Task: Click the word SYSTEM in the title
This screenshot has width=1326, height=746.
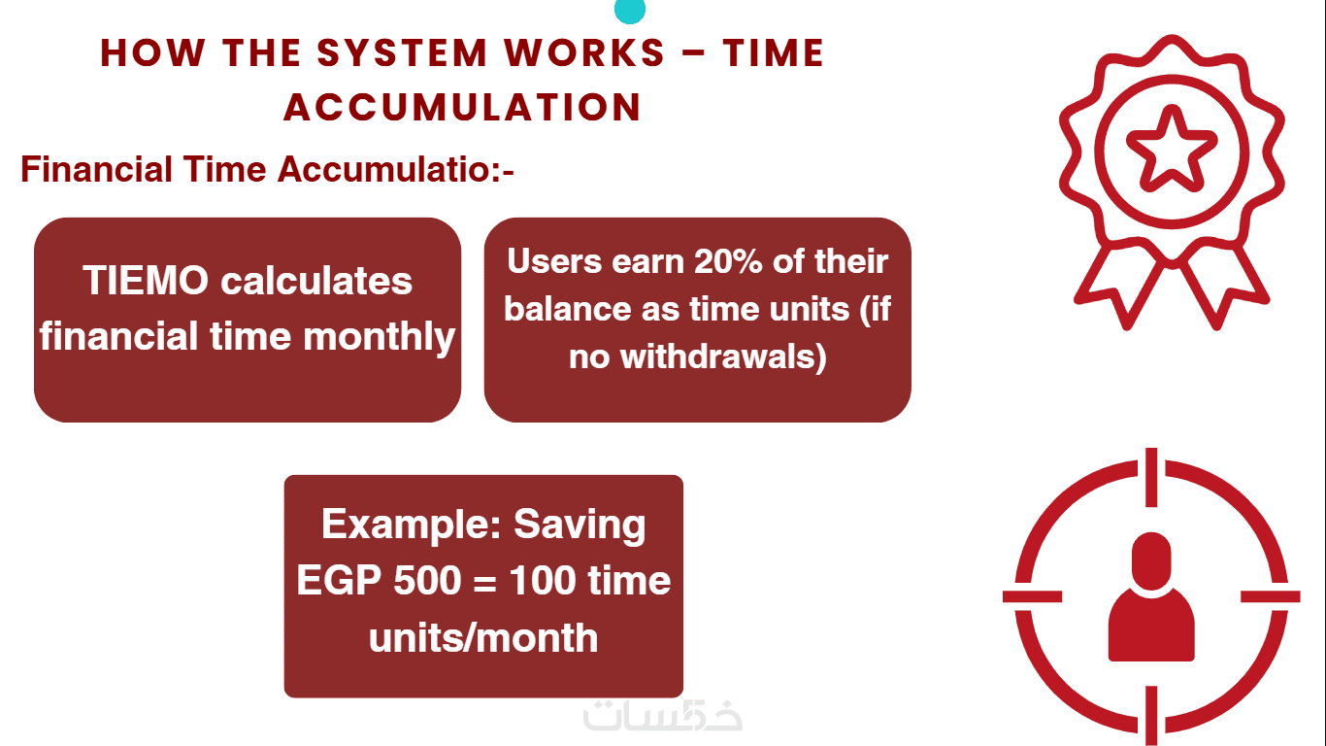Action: point(402,53)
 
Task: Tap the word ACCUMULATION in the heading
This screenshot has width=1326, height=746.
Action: point(462,107)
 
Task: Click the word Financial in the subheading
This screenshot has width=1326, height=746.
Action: point(95,169)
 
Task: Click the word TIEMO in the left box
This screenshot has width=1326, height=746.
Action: point(146,280)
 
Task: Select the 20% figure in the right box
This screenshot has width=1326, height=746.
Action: point(728,261)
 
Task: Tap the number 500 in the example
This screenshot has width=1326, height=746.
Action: point(427,580)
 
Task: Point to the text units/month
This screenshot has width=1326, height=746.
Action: point(483,638)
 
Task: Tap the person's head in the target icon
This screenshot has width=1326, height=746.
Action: point(1151,560)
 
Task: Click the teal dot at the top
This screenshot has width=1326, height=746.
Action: point(630,10)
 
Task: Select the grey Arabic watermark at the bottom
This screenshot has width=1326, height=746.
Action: point(662,716)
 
